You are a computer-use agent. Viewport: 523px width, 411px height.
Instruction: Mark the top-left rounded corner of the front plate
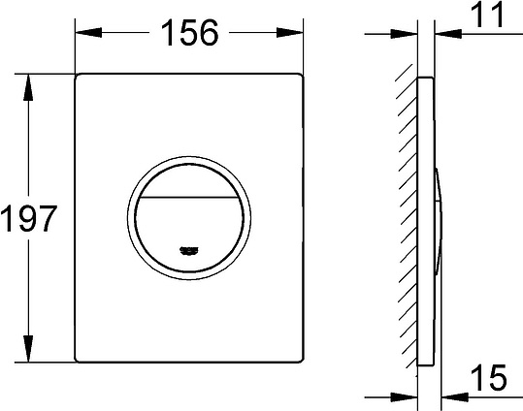pyautogui.click(x=80, y=76)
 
